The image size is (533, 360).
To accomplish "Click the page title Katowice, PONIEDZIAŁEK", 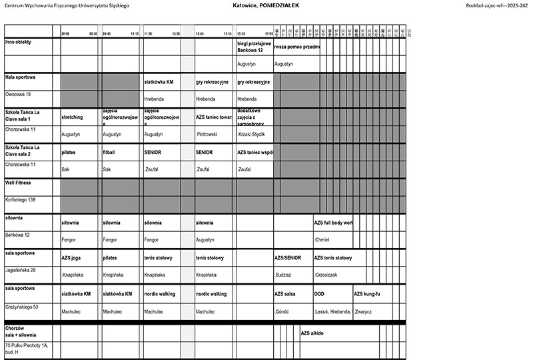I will click(x=266, y=5).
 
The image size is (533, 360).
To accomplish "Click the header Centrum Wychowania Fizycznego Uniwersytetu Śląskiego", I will click(x=67, y=5).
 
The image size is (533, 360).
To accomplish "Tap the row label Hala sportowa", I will click(x=20, y=77).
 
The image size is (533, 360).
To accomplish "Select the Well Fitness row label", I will click(x=18, y=181).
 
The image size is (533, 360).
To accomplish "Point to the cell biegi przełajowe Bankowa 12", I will click(x=255, y=47).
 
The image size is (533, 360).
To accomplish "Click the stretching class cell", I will click(x=73, y=117).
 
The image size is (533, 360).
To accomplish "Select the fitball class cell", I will click(x=109, y=152).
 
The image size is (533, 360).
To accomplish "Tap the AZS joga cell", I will click(x=71, y=257).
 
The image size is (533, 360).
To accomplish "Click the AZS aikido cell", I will click(x=312, y=333).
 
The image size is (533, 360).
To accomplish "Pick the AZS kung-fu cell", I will click(x=366, y=293).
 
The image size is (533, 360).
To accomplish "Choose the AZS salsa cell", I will click(x=285, y=293).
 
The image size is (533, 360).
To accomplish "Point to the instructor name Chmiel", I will click(x=322, y=239).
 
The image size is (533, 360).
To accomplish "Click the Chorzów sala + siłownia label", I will click(x=21, y=332).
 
